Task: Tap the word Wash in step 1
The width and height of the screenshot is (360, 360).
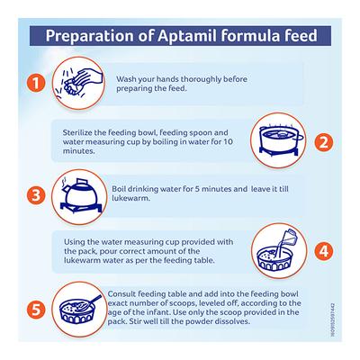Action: click(128, 77)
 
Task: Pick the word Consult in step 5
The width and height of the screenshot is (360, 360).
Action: click(124, 293)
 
